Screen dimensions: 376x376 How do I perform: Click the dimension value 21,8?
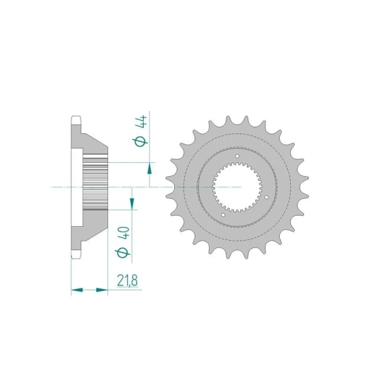tap(127, 280)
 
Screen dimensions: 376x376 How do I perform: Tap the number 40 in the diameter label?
tap(124, 232)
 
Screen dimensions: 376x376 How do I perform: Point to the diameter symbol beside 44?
tap(141, 141)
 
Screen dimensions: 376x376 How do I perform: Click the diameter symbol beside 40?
tap(123, 253)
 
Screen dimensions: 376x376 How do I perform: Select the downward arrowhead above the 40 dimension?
tap(132, 204)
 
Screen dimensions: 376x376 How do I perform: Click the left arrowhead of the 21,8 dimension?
tap(77, 290)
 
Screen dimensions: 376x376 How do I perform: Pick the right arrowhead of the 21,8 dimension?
tap(102, 290)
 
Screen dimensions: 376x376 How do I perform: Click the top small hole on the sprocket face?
tap(237, 156)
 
